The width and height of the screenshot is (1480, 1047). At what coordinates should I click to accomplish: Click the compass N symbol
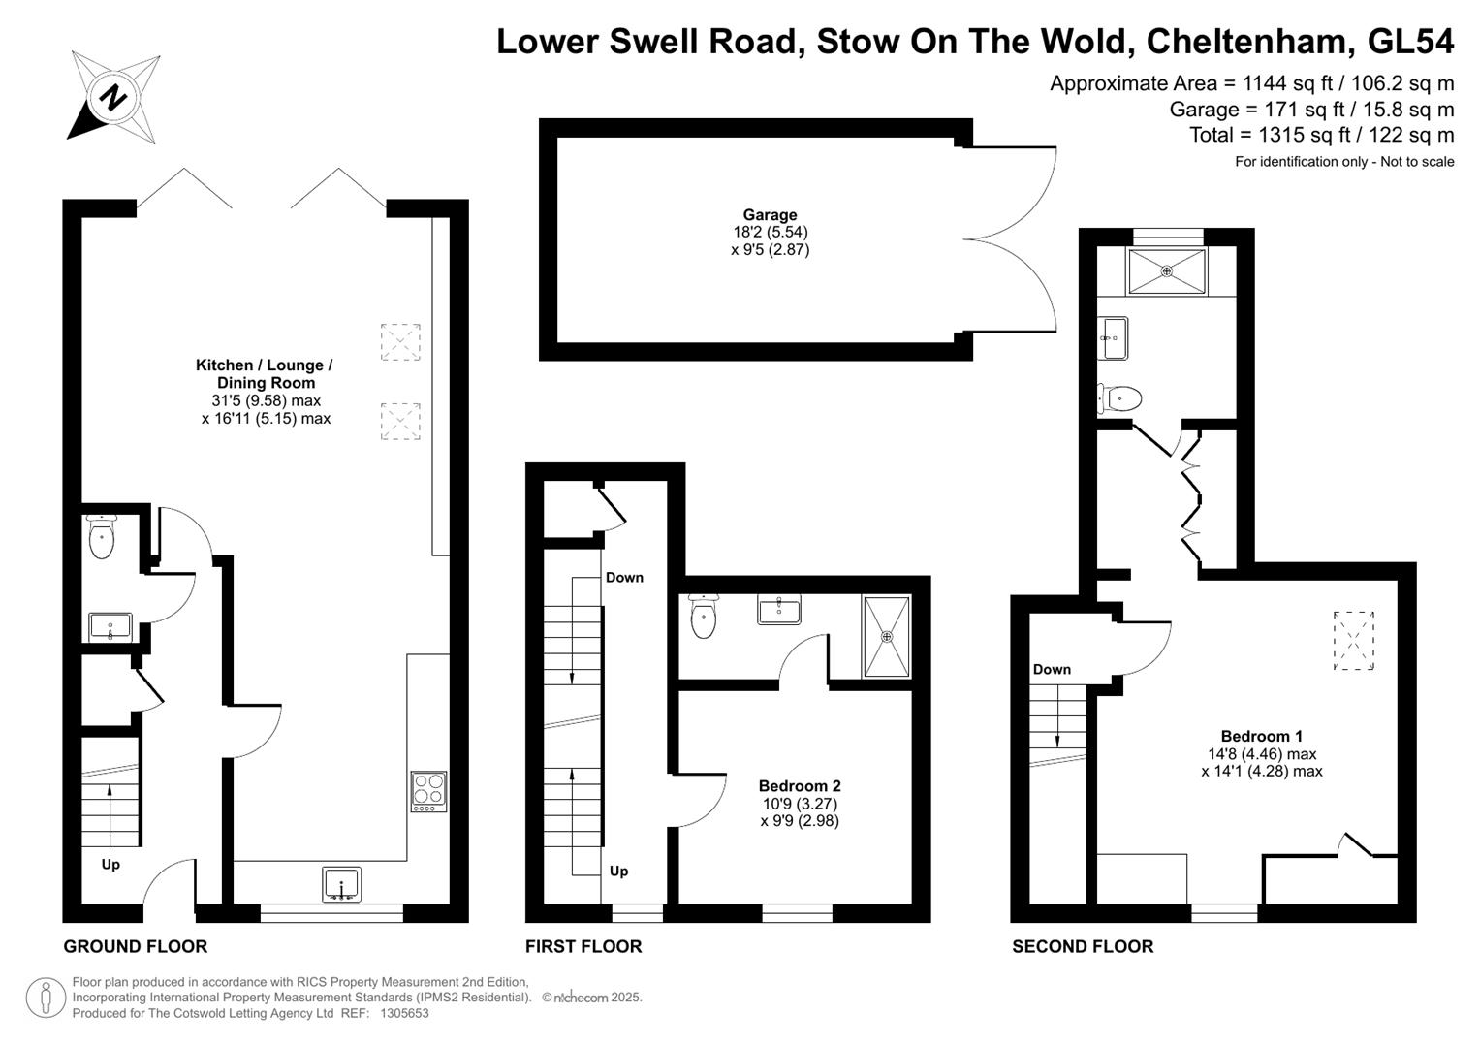[x=113, y=98]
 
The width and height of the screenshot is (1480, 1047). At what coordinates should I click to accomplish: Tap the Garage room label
[x=770, y=215]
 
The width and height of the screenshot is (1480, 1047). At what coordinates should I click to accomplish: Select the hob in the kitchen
[x=428, y=791]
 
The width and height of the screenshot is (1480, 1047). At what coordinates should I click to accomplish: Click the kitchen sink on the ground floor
[x=342, y=884]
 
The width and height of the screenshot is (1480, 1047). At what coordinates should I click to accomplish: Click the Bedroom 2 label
[x=800, y=786]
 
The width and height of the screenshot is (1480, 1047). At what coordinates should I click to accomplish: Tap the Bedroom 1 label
[x=1261, y=737]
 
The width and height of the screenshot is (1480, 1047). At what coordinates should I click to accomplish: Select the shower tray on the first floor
[x=887, y=637]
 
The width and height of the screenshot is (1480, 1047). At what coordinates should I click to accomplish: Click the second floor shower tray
[x=1167, y=271]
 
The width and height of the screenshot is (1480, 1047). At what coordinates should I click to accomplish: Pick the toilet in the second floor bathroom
[x=1119, y=399]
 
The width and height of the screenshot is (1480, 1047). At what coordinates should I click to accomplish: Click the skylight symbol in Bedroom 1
[x=1354, y=641]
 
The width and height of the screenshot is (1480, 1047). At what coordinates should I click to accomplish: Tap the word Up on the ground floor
[x=110, y=865]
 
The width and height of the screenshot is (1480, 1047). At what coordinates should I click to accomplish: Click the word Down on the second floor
[x=1052, y=669]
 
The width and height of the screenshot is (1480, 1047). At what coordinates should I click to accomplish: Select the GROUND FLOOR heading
[x=136, y=946]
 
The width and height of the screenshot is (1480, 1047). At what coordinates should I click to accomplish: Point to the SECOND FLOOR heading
[x=1083, y=946]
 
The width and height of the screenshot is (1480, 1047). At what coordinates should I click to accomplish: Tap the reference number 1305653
[x=404, y=1013]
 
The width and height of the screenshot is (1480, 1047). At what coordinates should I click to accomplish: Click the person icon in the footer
[x=46, y=998]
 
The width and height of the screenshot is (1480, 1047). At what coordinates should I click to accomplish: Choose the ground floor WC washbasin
[x=110, y=626]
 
